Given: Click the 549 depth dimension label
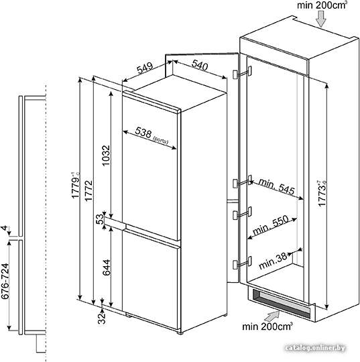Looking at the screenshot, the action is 145,68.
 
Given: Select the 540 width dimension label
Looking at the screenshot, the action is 200,65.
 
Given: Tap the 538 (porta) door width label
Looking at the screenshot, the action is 152,135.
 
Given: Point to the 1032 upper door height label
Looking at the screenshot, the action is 106,156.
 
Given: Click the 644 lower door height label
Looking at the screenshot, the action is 106,267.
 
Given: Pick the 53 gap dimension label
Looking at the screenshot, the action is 100,219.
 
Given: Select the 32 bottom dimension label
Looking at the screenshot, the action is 101,318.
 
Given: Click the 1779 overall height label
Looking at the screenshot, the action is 75,185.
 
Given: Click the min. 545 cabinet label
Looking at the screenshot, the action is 277,186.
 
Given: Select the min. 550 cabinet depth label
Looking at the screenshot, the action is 271,225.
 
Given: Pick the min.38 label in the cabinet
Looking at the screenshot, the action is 273,260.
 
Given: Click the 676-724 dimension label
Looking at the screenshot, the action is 5,281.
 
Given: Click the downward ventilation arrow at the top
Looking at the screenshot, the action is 320,19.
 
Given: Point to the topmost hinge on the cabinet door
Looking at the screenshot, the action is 242,72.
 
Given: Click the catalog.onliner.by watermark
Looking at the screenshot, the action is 316,348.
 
